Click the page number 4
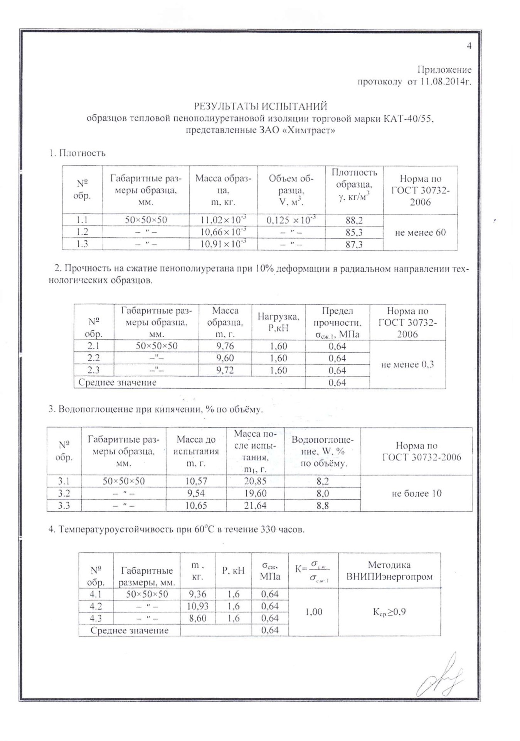(469, 46)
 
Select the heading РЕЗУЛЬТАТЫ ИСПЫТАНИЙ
(261, 106)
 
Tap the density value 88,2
(354, 220)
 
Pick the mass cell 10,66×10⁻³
(223, 232)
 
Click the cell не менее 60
(420, 232)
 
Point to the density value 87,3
(354, 244)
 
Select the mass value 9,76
(225, 346)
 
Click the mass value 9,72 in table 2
(225, 370)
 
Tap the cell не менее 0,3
(407, 364)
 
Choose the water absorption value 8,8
(323, 505)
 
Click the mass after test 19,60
(255, 493)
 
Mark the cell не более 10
(416, 493)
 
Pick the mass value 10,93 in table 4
(197, 606)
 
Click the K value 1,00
(313, 612)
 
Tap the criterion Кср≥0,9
(389, 612)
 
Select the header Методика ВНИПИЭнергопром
(389, 570)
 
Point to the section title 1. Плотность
(77, 153)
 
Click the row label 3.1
(64, 481)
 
